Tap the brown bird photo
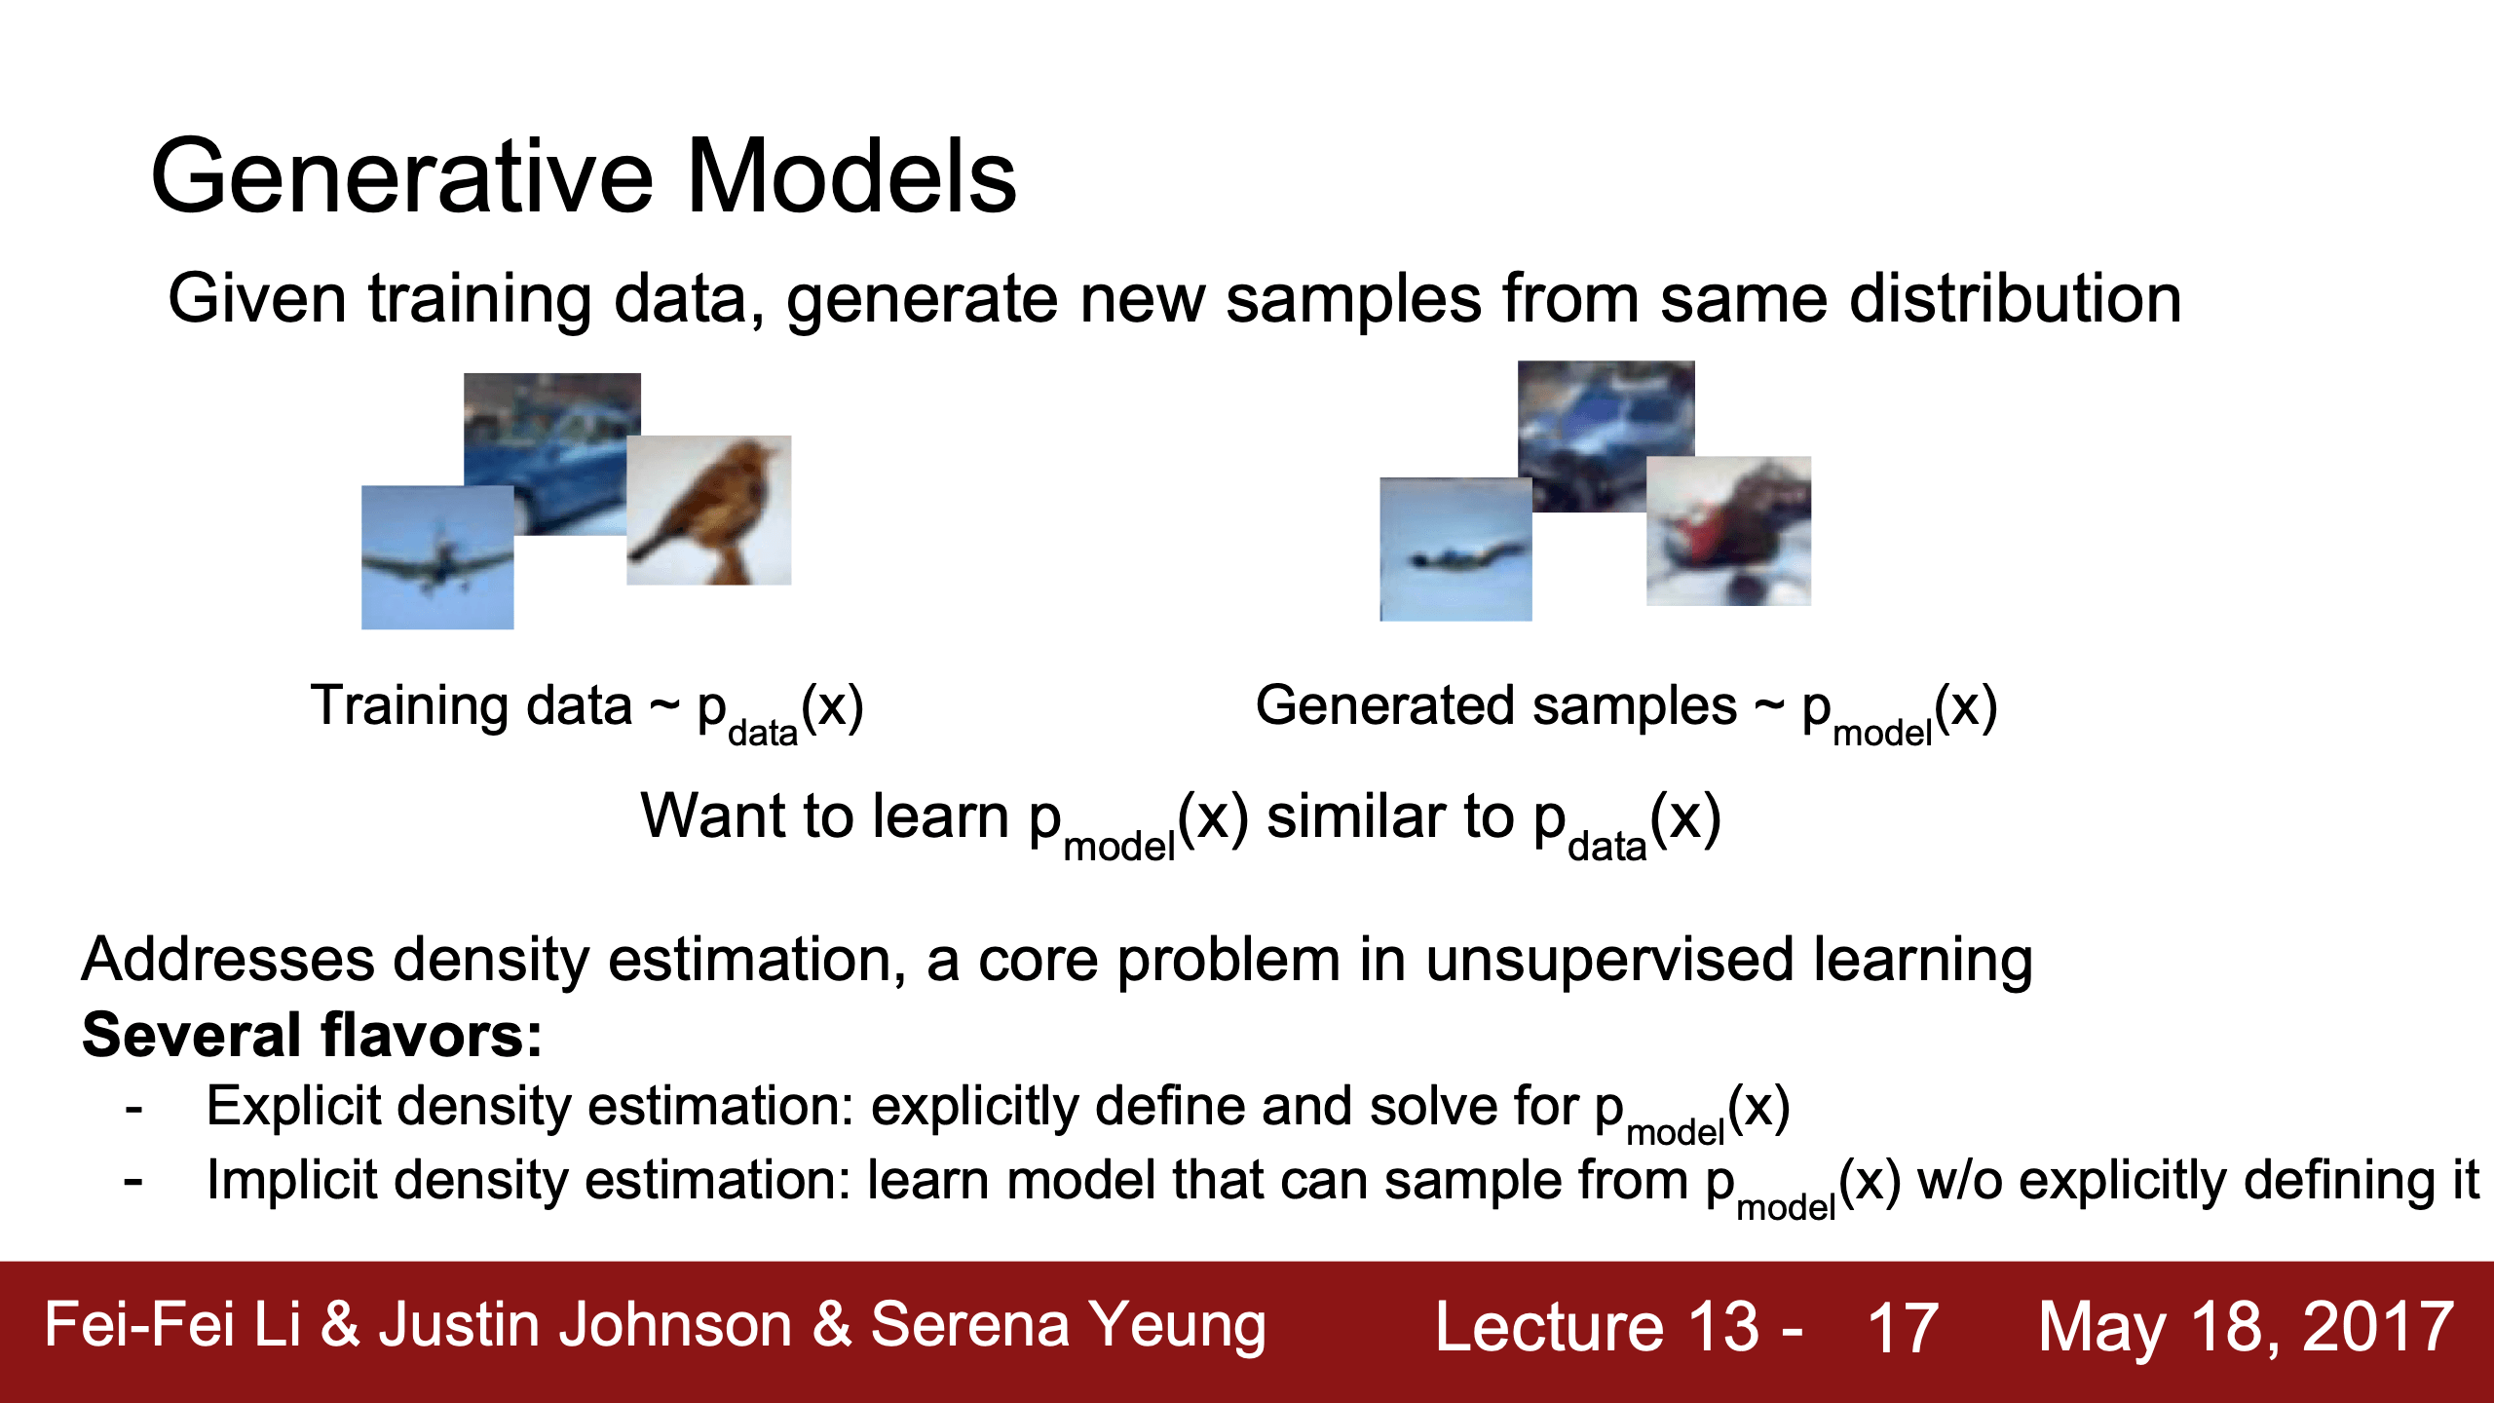(708, 510)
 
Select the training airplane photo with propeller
(437, 557)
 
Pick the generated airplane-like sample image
(1455, 550)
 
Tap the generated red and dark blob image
(1728, 531)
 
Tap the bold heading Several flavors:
(312, 1035)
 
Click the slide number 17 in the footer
(1902, 1327)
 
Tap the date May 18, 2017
(2247, 1327)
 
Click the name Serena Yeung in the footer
(1068, 1325)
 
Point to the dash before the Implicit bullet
(133, 1183)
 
